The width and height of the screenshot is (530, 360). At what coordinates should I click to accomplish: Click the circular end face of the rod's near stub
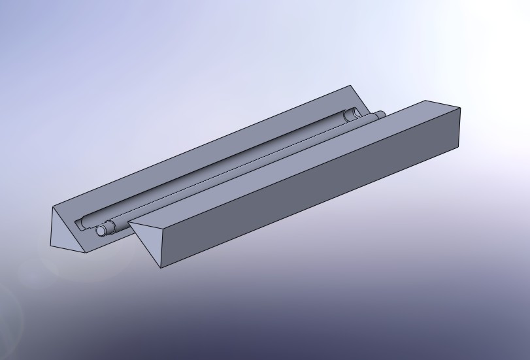click(x=101, y=231)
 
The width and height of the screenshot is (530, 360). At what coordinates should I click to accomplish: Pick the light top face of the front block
click(x=288, y=163)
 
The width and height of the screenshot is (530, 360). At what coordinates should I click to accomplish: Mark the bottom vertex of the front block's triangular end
click(x=161, y=267)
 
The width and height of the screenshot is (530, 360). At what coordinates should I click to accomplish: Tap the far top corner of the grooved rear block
click(x=351, y=86)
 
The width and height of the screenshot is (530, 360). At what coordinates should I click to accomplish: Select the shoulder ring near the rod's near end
click(x=110, y=227)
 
